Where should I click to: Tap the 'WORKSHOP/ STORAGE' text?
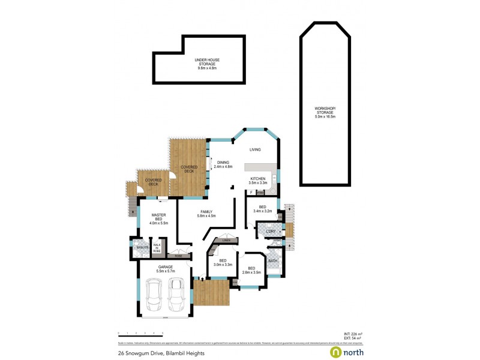[x=325, y=109]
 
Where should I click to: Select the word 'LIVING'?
[x=256, y=149]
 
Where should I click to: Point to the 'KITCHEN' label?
[x=258, y=179]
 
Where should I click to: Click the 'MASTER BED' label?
[x=158, y=217]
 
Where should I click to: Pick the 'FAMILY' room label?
[x=206, y=212]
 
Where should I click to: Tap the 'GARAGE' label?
[x=166, y=266]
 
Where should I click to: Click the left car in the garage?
[x=154, y=293]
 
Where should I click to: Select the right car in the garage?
[x=176, y=293]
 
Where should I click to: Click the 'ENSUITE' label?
[x=142, y=247]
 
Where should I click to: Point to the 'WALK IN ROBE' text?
[x=157, y=247]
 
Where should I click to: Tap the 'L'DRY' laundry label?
[x=270, y=231]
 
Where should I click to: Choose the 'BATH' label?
[x=273, y=260]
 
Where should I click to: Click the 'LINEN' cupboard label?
[x=226, y=241]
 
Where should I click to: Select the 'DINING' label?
[x=223, y=162]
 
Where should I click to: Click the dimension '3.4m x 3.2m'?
[x=263, y=211]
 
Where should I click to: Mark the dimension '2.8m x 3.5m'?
[x=251, y=272]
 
